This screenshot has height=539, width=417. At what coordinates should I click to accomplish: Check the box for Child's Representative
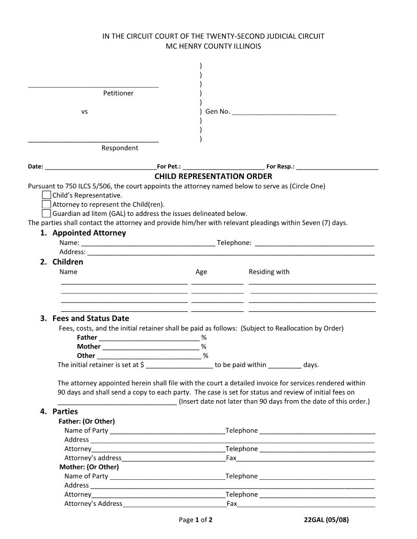pyautogui.click(x=47, y=195)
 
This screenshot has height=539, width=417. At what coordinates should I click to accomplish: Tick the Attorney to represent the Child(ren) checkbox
pyautogui.click(x=47, y=204)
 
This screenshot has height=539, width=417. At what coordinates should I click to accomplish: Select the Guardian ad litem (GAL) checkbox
pyautogui.click(x=47, y=213)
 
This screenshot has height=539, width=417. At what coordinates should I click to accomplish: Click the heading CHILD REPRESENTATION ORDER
pyautogui.click(x=213, y=176)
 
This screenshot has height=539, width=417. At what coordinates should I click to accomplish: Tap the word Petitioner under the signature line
pyautogui.click(x=118, y=93)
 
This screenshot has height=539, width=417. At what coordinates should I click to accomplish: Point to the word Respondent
pyautogui.click(x=120, y=148)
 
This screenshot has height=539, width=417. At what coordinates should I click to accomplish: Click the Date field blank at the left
pyautogui.click(x=101, y=166)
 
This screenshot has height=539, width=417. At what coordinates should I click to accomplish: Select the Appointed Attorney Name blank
pyautogui.click(x=148, y=243)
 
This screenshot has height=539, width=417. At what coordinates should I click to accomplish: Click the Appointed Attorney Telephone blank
pyautogui.click(x=314, y=243)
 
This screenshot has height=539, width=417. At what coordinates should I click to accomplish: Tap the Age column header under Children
pyautogui.click(x=201, y=272)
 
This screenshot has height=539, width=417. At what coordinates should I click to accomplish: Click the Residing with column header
pyautogui.click(x=269, y=272)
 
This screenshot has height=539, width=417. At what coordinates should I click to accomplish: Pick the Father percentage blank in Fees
pyautogui.click(x=149, y=338)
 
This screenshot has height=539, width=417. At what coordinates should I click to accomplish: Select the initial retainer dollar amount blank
pyautogui.click(x=179, y=365)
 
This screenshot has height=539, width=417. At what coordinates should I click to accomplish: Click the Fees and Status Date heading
pyautogui.click(x=90, y=318)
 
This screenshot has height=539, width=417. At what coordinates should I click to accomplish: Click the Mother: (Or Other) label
pyautogui.click(x=89, y=467)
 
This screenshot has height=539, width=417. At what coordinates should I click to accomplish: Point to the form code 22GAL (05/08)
pyautogui.click(x=326, y=520)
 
